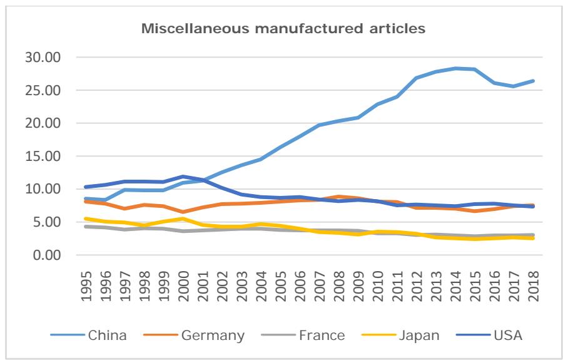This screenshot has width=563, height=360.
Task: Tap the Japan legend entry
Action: coord(417,335)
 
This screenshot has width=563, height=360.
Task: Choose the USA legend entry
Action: coord(508,335)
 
